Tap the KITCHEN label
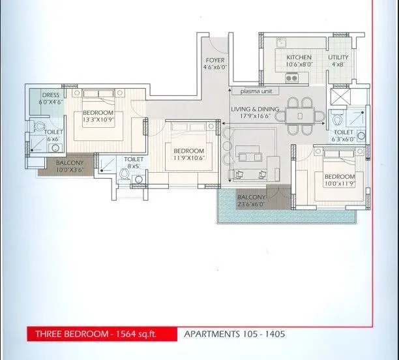tap(299, 57)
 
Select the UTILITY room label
tap(338, 57)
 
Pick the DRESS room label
tap(50, 95)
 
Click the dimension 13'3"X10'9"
tap(98, 120)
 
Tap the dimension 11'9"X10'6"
tap(188, 157)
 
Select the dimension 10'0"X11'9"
tap(339, 185)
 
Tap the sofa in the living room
tap(251, 157)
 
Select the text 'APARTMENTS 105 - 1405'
tap(234, 334)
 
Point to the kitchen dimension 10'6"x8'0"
tap(299, 65)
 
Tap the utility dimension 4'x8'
tap(338, 65)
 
